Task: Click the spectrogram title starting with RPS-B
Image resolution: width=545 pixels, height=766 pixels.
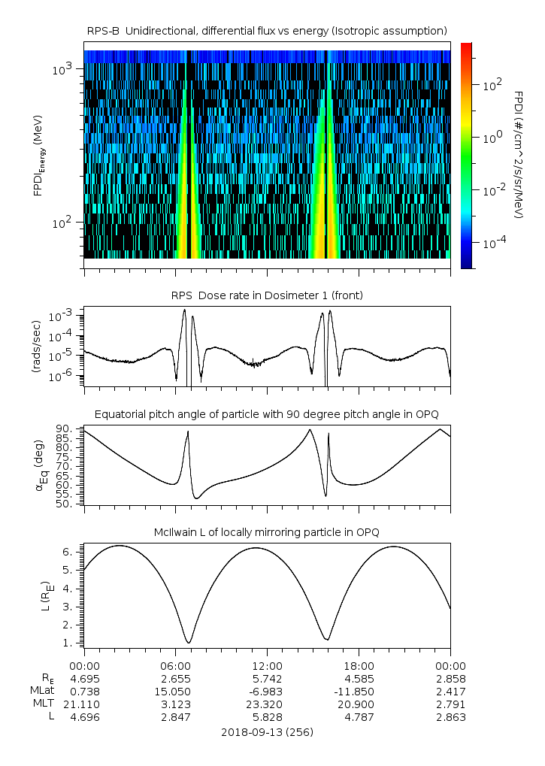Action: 268,30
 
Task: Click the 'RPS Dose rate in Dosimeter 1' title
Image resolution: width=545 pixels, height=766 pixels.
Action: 268,295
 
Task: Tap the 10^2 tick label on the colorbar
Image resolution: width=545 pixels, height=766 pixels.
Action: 492,85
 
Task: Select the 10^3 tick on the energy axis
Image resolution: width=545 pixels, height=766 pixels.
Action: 62,70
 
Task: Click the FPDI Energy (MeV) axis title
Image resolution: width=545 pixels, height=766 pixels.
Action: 38,158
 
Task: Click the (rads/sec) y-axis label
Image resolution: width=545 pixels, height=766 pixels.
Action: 36,347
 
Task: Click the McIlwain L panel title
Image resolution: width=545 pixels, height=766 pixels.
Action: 268,532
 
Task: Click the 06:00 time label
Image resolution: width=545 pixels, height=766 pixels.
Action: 175,666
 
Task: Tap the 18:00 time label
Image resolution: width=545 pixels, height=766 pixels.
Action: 359,666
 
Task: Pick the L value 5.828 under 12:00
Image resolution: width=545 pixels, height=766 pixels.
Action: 267,717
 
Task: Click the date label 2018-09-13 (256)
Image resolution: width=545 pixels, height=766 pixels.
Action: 267,731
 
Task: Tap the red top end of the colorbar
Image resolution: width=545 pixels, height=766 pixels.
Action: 466,46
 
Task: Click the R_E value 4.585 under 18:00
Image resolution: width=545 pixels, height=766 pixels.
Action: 359,679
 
